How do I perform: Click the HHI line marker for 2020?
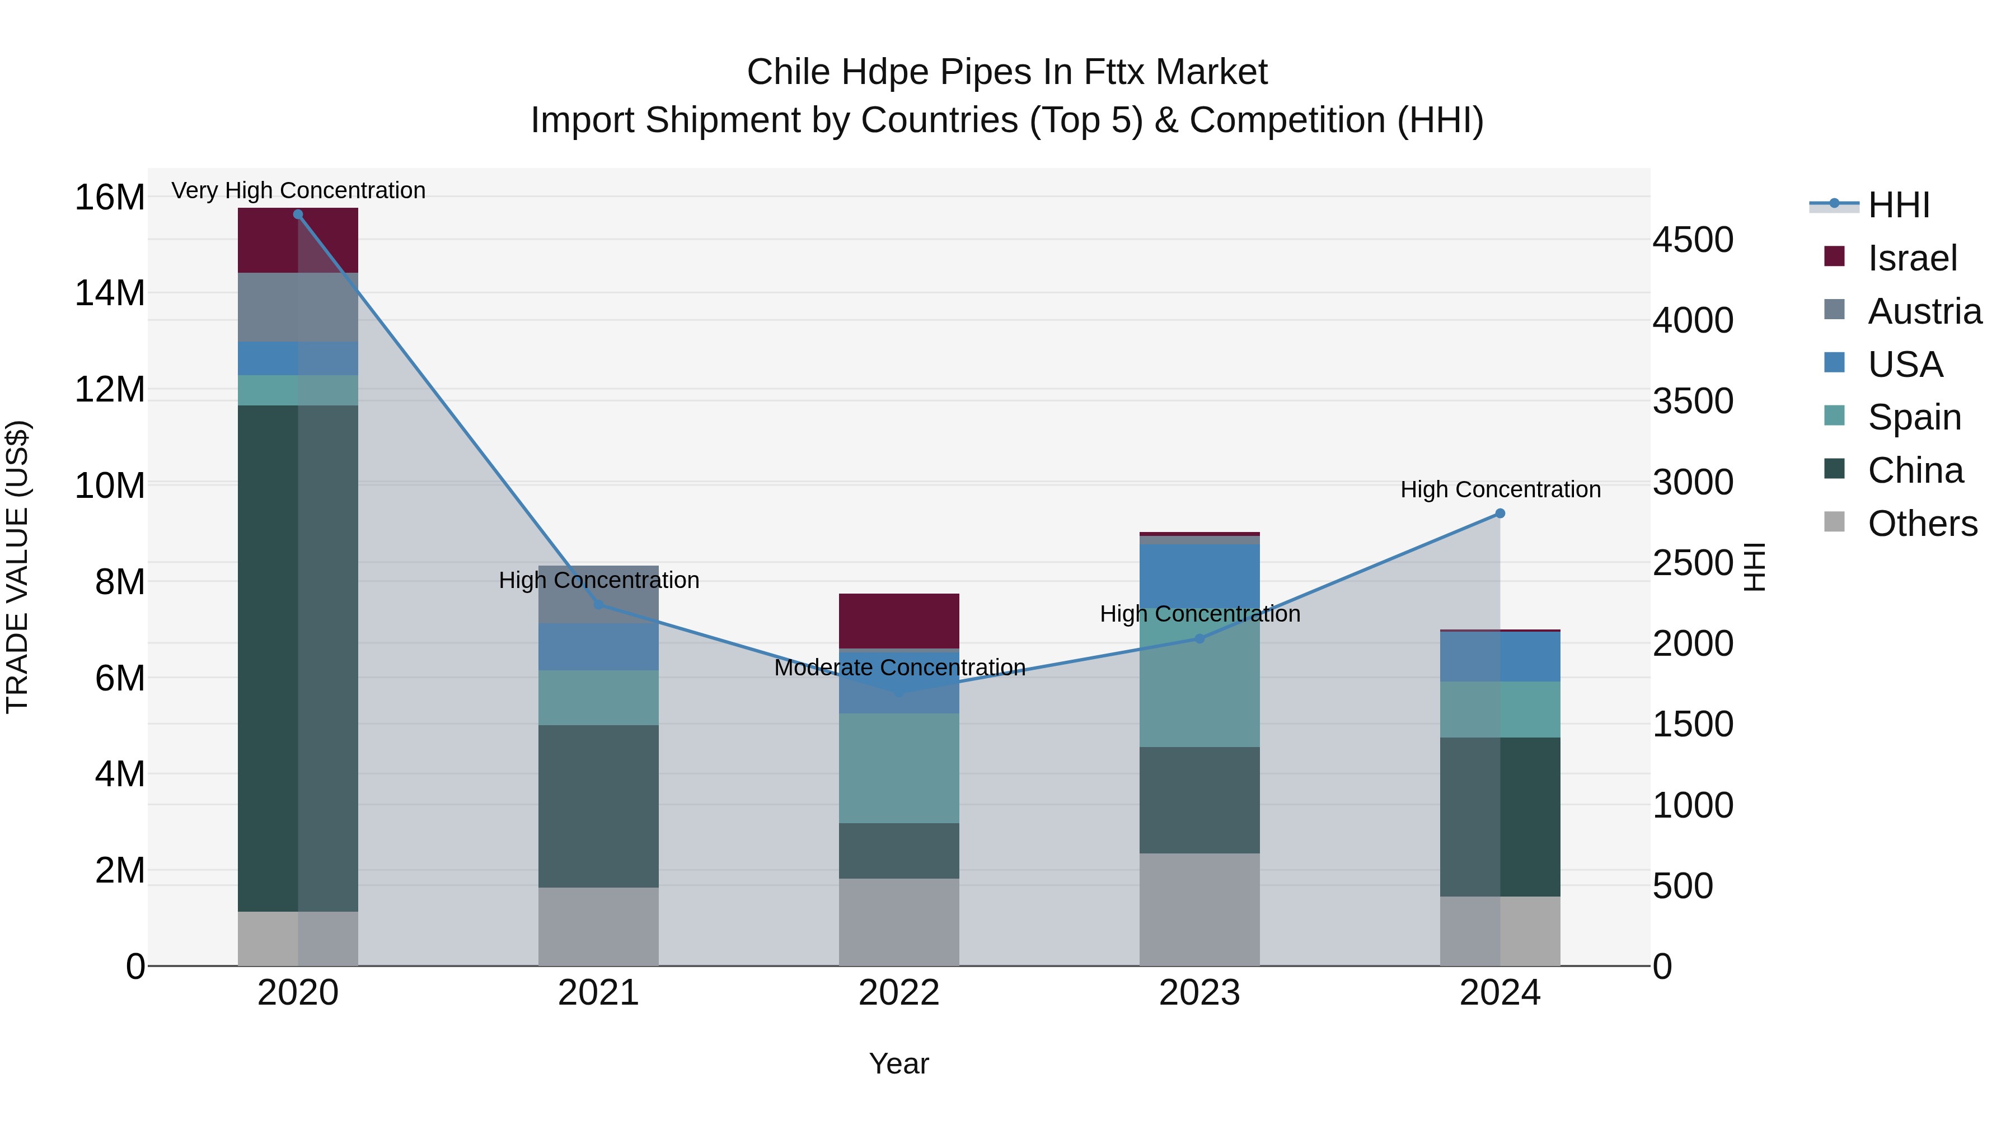point(297,214)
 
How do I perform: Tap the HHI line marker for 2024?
point(1499,514)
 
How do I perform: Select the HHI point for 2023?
point(1199,638)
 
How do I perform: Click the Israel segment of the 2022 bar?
point(899,620)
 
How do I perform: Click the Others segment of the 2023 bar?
point(1199,909)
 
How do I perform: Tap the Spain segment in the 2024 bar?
point(1499,709)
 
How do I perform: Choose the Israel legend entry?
point(1912,258)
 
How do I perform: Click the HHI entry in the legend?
point(1899,205)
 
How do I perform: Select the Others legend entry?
point(1922,524)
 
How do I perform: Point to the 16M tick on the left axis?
point(110,197)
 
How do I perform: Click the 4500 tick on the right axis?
point(1693,240)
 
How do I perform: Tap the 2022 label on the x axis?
point(899,993)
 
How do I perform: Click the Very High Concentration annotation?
point(298,190)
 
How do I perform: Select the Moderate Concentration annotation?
point(899,668)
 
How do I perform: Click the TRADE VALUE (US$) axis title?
point(17,567)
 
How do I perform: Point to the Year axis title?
point(899,1063)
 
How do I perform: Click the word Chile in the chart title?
point(789,72)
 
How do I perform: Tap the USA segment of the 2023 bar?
point(1199,575)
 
